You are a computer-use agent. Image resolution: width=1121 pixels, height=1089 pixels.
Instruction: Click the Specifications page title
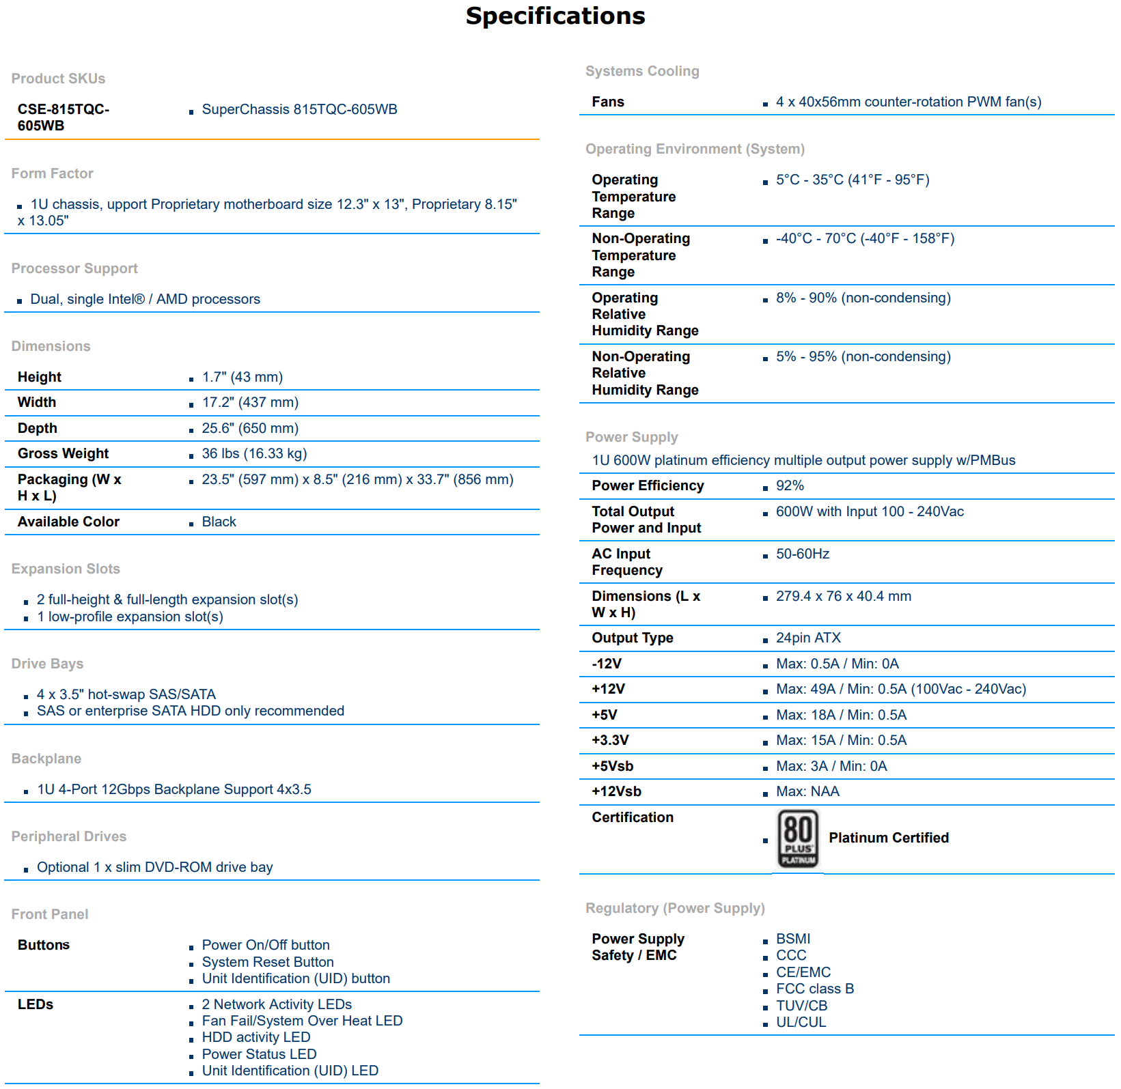(x=555, y=16)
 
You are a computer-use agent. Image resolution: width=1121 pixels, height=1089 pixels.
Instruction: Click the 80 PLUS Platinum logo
(x=798, y=838)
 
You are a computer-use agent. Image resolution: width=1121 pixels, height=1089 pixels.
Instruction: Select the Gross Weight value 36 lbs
(x=254, y=454)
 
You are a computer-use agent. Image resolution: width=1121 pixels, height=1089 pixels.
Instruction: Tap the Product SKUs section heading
(x=58, y=79)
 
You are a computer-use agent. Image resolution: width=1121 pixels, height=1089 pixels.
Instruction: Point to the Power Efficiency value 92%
(x=790, y=486)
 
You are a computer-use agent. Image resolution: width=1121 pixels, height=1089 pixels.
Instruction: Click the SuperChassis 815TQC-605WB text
(x=299, y=110)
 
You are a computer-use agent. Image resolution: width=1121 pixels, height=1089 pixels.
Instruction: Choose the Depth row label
(x=38, y=429)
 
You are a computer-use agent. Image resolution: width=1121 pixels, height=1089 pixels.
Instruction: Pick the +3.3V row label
(x=610, y=741)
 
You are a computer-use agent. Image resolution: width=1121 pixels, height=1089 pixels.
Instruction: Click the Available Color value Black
(x=219, y=522)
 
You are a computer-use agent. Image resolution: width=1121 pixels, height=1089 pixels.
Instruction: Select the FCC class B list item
(x=815, y=989)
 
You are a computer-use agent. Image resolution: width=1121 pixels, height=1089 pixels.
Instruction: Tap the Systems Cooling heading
(x=642, y=71)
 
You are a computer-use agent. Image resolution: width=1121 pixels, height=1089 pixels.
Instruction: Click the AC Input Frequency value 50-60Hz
(x=803, y=554)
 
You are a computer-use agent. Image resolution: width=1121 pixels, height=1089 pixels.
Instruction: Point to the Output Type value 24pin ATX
(x=808, y=638)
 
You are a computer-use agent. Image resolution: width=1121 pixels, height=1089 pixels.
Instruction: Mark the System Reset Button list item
(x=268, y=963)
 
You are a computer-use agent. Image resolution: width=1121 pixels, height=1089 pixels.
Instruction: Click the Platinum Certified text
(x=889, y=838)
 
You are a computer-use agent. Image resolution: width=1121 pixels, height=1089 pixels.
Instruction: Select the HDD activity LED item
(x=256, y=1038)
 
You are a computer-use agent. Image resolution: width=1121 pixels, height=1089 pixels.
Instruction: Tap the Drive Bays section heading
(x=47, y=664)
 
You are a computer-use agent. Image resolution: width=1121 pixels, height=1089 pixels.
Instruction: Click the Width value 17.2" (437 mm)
(x=250, y=403)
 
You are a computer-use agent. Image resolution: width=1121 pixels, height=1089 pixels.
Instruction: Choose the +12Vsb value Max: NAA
(x=807, y=792)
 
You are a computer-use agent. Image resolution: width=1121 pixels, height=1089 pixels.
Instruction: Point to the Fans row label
(x=608, y=102)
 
